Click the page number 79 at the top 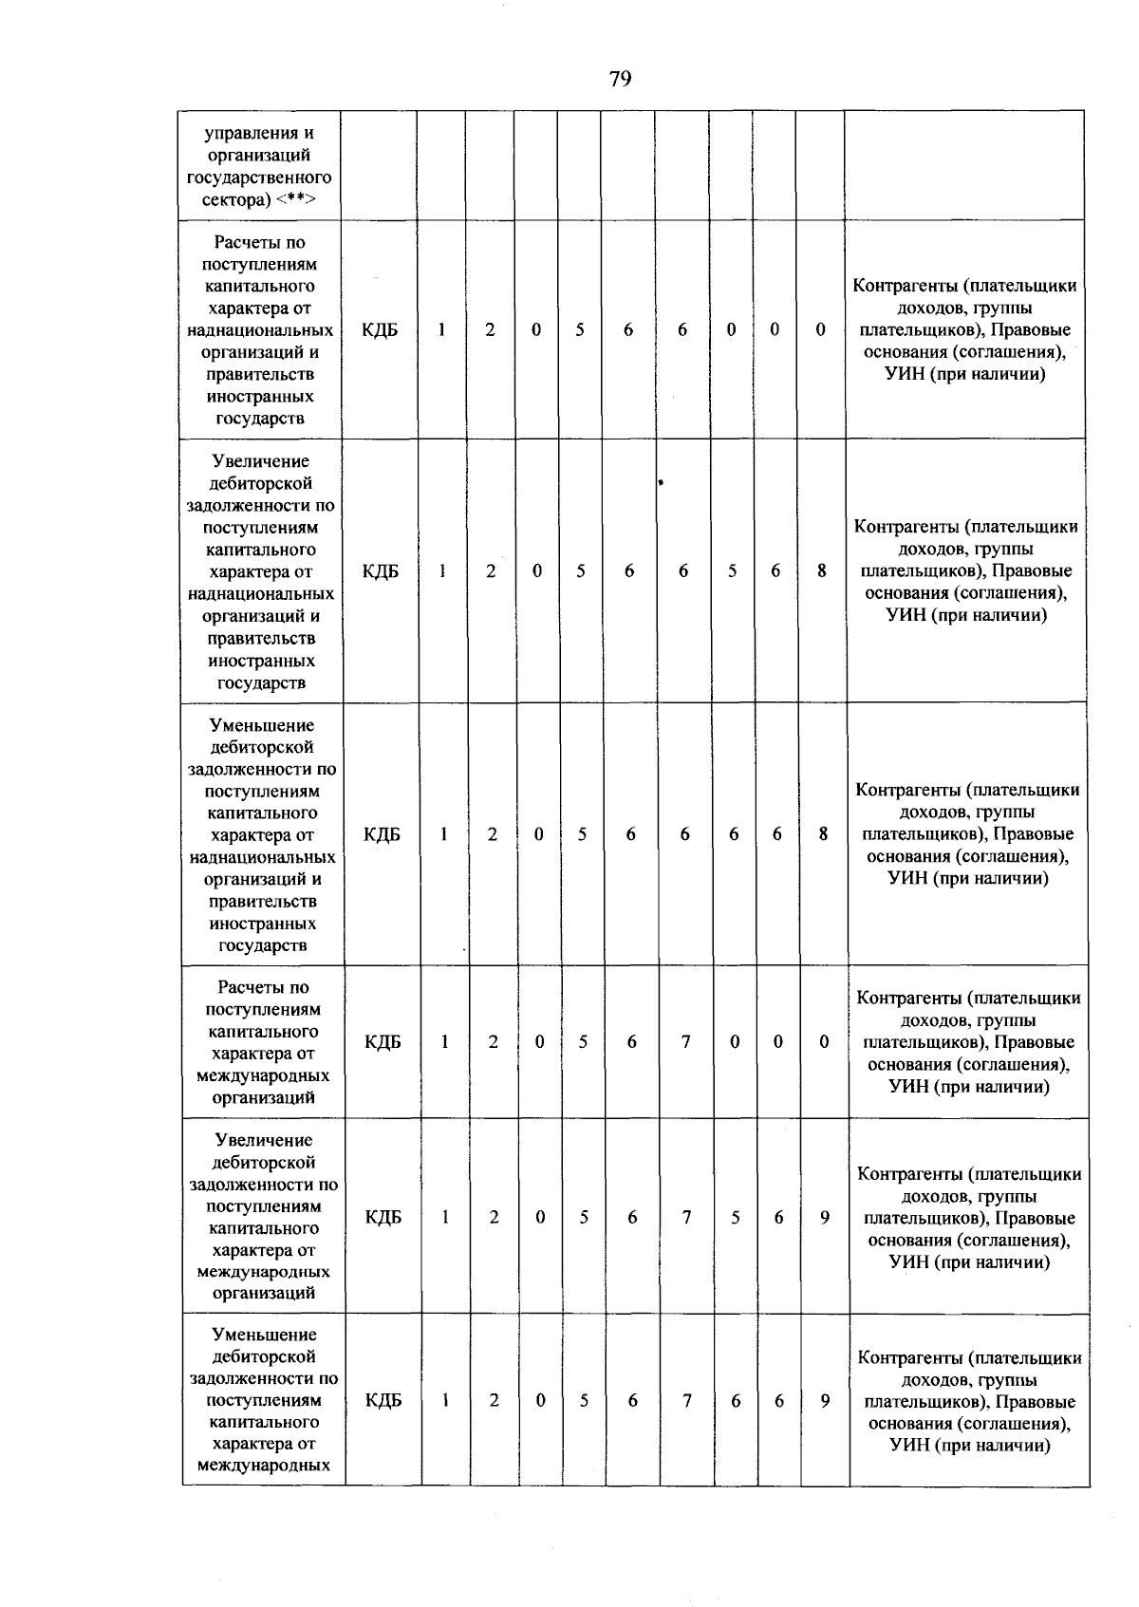coord(620,79)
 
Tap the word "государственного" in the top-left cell coord(259,178)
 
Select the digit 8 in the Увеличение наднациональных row coord(822,571)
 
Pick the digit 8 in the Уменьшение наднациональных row coord(823,834)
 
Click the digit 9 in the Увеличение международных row coord(825,1218)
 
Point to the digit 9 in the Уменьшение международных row coord(825,1401)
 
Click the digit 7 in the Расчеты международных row coord(685,1042)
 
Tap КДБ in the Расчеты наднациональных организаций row coord(380,330)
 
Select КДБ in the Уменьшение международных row coord(383,1401)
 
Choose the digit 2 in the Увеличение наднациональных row coord(491,571)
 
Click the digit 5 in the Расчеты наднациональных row coord(579,330)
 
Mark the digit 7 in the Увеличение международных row coord(686,1218)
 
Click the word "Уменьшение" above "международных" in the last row coord(263,1336)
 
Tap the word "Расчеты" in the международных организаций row coord(263,988)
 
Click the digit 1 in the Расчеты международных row coord(444,1042)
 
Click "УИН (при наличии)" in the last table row coord(969,1446)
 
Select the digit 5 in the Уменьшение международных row coord(584,1401)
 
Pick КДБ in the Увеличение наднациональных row coord(381,571)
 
